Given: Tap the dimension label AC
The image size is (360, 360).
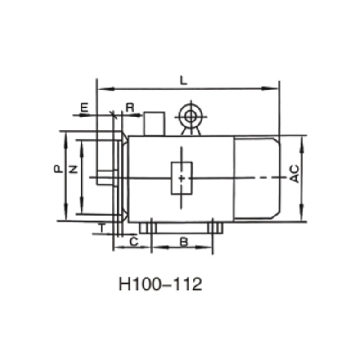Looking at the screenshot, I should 295,174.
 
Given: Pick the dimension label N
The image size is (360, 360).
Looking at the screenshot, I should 74,169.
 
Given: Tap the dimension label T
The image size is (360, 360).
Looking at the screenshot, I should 102,228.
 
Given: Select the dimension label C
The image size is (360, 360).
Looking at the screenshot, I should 133,242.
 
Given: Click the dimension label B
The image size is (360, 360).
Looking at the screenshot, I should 184,242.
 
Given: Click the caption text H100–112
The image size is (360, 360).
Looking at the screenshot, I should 160,284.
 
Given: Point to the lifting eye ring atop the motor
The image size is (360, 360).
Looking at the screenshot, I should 190,116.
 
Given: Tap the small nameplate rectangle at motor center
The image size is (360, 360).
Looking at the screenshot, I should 181,178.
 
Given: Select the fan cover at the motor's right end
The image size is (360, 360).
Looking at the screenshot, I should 257,179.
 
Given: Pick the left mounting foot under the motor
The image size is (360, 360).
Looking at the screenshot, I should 147,228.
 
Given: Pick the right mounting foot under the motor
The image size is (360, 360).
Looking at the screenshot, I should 216,228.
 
